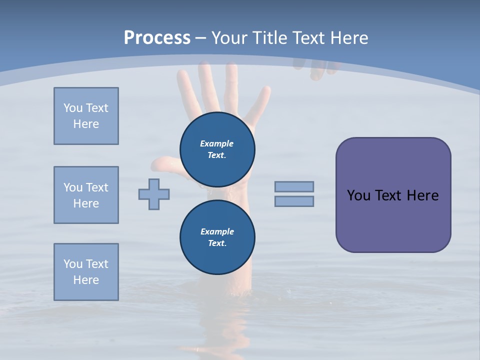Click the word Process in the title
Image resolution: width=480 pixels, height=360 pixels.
[x=157, y=38]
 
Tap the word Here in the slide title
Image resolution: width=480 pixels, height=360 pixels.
[x=348, y=38]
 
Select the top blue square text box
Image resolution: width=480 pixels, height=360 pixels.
[x=86, y=116]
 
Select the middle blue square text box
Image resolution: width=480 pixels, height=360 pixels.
[x=86, y=195]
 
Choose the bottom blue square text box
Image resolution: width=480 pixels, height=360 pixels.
[x=86, y=272]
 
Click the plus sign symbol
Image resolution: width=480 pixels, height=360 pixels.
[x=154, y=194]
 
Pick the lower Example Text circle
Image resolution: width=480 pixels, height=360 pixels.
[x=217, y=237]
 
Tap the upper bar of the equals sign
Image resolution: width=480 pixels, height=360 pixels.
[x=294, y=186]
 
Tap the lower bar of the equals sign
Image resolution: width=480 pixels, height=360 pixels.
[x=294, y=201]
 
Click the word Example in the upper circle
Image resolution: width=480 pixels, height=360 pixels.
[x=217, y=143]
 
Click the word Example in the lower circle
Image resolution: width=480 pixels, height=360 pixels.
[x=217, y=231]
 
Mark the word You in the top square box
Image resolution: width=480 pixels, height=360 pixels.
[x=72, y=108]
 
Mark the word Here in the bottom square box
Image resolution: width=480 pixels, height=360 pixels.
[x=86, y=280]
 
